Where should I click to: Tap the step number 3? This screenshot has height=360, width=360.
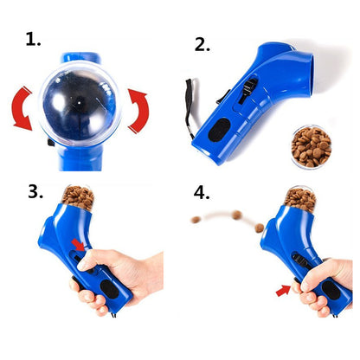(35, 191)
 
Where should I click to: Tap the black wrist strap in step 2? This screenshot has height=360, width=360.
(190, 108)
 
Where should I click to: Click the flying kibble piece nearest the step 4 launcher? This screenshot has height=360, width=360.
(258, 228)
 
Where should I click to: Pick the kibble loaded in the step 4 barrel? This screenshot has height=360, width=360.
(299, 198)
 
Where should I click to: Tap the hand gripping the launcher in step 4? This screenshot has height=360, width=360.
(325, 286)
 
